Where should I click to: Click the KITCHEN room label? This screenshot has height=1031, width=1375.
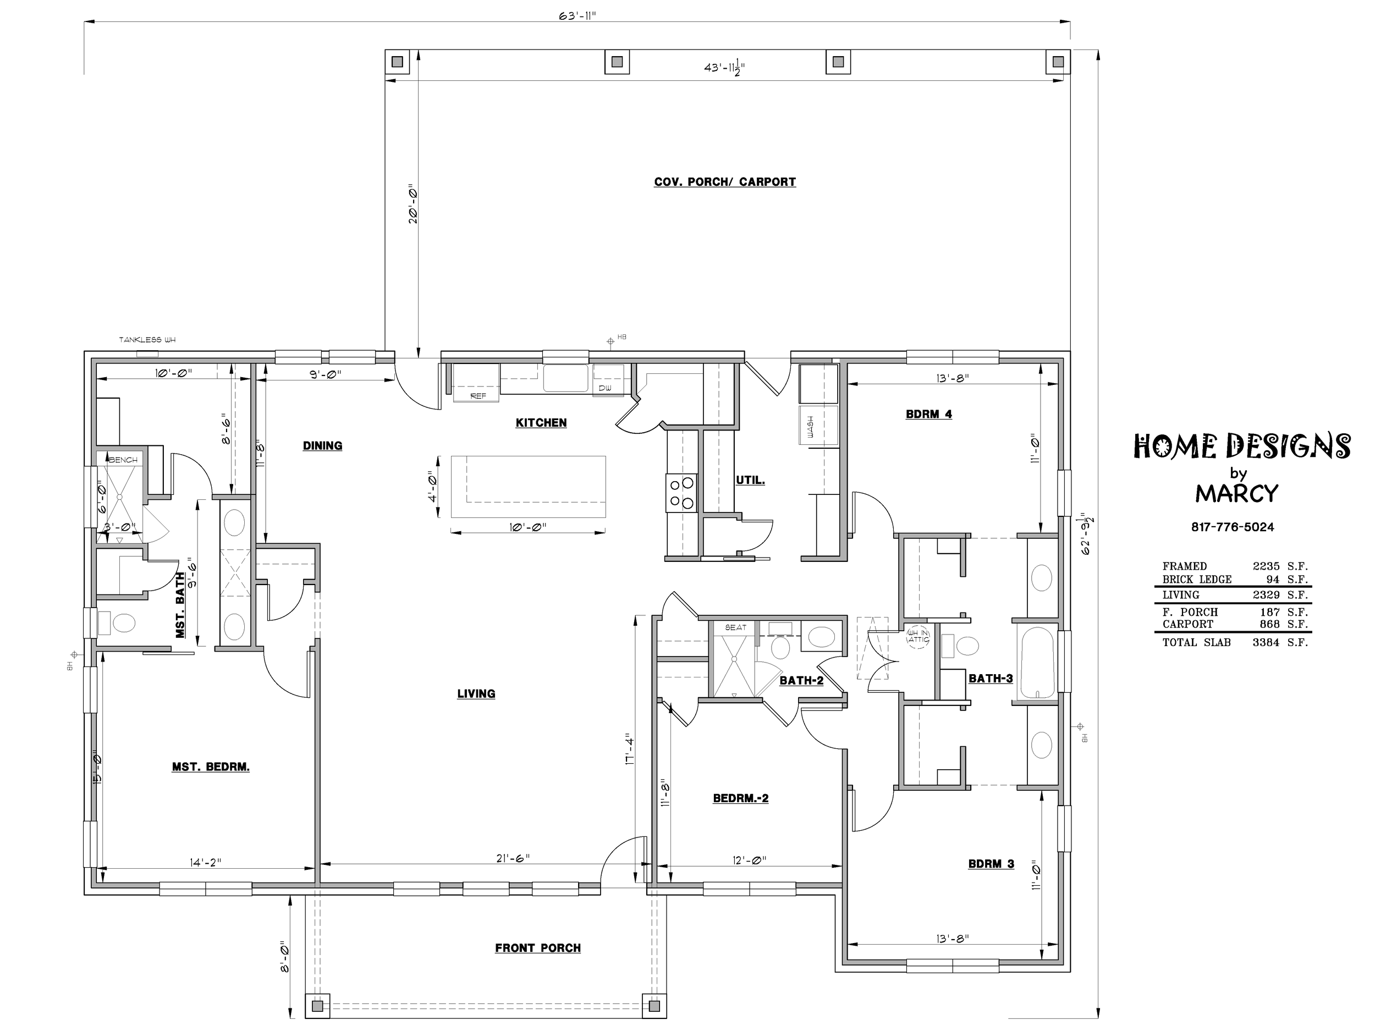tap(541, 423)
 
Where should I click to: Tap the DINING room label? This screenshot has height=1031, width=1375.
tap(322, 445)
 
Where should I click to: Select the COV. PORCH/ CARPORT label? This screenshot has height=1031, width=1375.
tap(725, 182)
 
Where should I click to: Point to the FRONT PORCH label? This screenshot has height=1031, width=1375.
tap(538, 948)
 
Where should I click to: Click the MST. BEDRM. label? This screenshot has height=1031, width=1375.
tap(211, 767)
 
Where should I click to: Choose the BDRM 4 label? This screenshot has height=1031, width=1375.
tap(929, 415)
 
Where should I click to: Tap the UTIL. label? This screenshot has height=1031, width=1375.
tap(750, 481)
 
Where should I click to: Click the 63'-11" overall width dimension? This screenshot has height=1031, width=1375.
tap(577, 16)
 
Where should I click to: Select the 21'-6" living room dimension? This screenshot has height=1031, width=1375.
tap(513, 858)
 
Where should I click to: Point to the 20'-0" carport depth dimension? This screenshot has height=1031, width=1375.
tap(412, 203)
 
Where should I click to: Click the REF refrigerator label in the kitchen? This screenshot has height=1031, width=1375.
tap(478, 396)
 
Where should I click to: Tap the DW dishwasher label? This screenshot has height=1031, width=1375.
tap(605, 388)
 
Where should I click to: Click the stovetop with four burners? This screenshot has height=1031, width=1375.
tap(681, 493)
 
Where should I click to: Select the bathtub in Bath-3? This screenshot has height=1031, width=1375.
tap(1036, 663)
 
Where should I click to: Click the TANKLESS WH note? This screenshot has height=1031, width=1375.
tap(147, 340)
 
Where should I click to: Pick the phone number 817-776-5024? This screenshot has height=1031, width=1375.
tap(1233, 527)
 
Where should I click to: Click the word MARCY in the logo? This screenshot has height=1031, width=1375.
tap(1237, 493)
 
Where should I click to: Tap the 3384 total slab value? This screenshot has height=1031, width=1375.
tap(1266, 643)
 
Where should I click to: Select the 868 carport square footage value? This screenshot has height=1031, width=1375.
tap(1269, 624)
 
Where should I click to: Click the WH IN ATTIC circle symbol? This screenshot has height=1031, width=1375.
tap(918, 636)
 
